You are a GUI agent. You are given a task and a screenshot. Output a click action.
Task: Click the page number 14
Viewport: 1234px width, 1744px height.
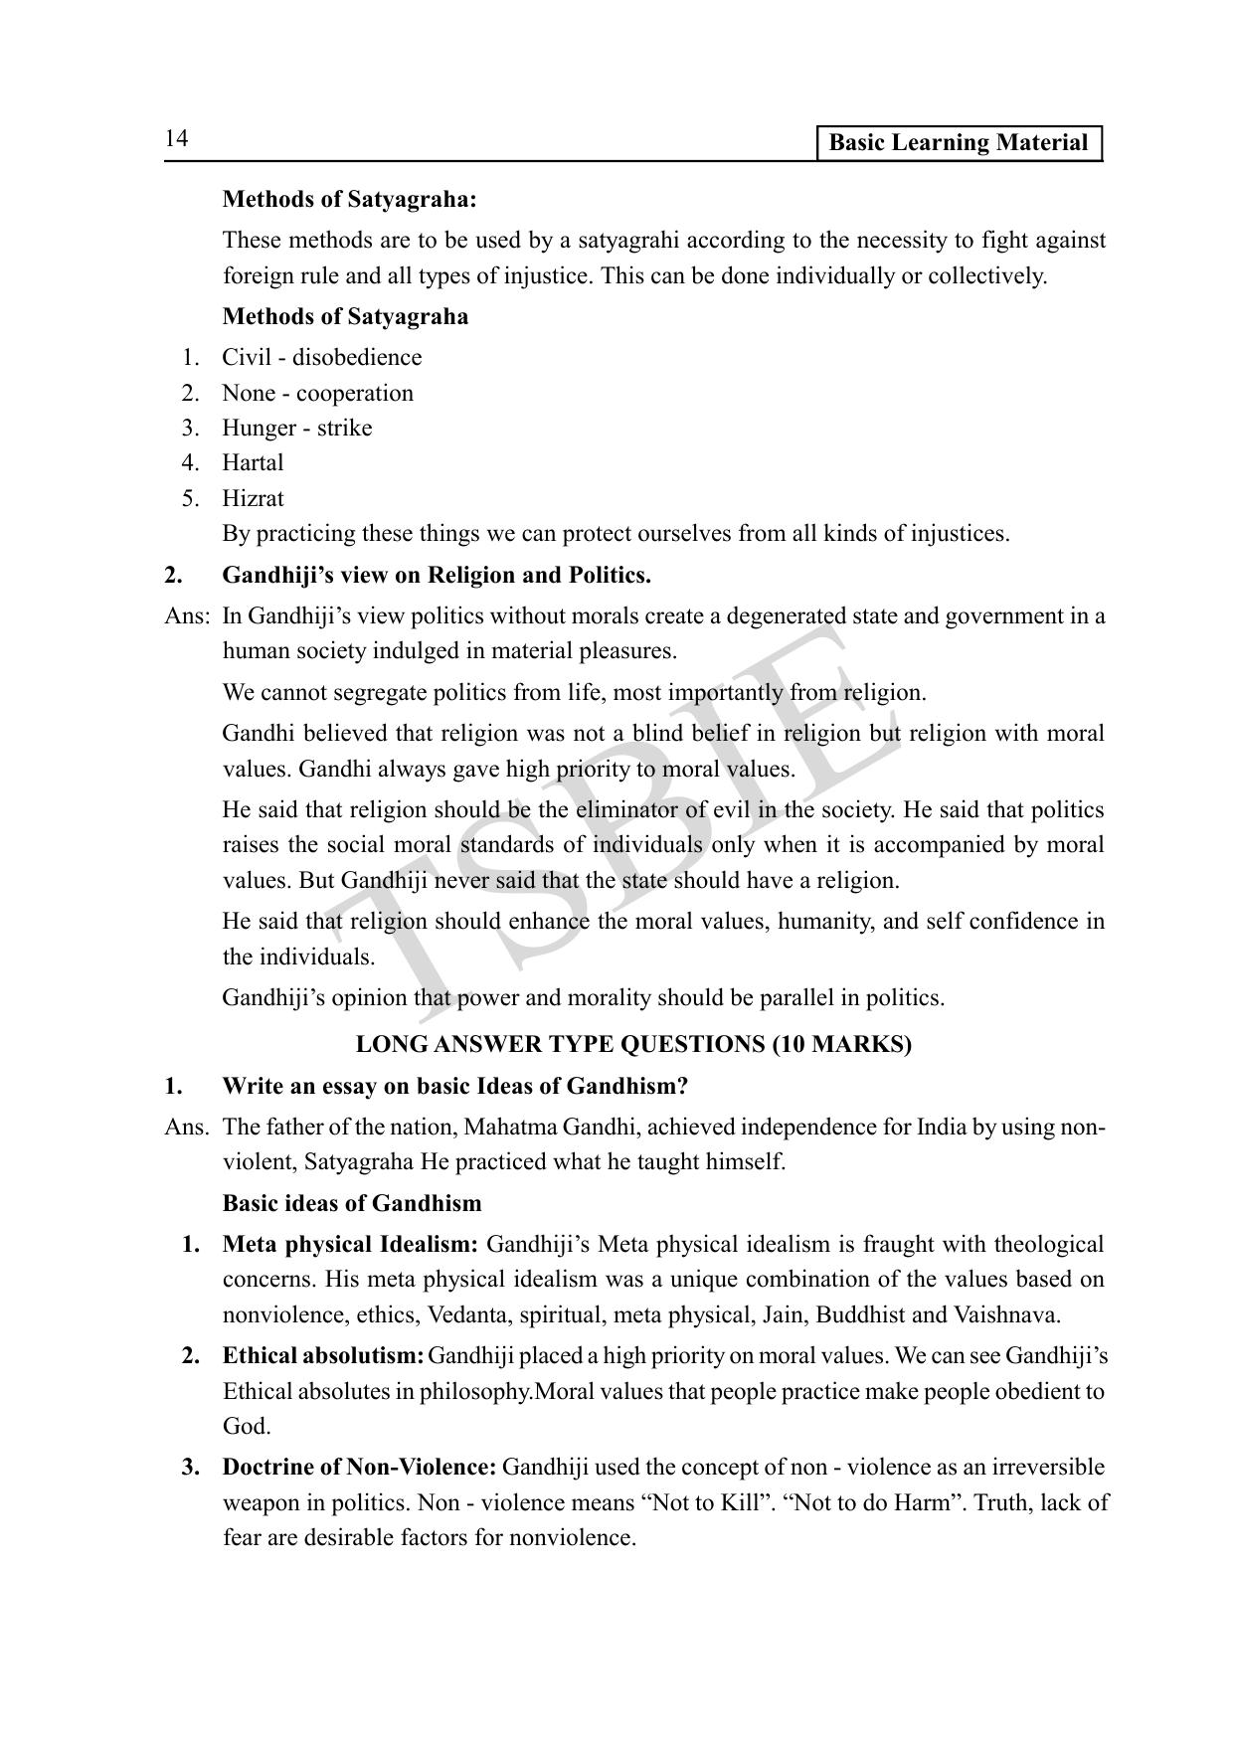coord(176,139)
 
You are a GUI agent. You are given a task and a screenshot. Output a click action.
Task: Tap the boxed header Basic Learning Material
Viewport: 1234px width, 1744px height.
coord(958,143)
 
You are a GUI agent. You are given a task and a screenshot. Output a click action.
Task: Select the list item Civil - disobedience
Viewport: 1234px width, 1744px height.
coord(321,358)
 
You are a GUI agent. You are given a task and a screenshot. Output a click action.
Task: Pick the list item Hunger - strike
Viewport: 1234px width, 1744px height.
coord(296,429)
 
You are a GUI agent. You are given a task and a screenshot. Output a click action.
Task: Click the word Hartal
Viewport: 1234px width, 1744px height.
coord(253,463)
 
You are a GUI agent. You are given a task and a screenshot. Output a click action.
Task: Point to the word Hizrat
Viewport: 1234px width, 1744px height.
coord(253,499)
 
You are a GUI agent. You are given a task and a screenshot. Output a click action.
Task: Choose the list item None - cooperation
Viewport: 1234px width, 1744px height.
coord(317,394)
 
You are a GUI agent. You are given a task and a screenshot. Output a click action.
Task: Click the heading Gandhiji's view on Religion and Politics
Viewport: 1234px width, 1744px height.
coord(437,576)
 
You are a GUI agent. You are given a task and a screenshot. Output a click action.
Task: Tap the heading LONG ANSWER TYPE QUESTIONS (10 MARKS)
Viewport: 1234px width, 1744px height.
coord(633,1045)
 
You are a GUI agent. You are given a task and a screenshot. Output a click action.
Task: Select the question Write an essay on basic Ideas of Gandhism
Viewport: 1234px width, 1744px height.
coord(454,1087)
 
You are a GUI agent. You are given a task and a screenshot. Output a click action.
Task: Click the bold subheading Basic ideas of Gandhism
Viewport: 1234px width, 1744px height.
coord(352,1204)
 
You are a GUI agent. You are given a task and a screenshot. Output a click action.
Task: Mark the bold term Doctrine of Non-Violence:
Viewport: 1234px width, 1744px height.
coord(359,1468)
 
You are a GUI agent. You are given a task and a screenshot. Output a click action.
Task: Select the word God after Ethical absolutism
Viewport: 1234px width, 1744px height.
coord(246,1427)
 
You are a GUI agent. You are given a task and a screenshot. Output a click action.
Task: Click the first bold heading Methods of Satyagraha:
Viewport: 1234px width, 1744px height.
coord(349,200)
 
